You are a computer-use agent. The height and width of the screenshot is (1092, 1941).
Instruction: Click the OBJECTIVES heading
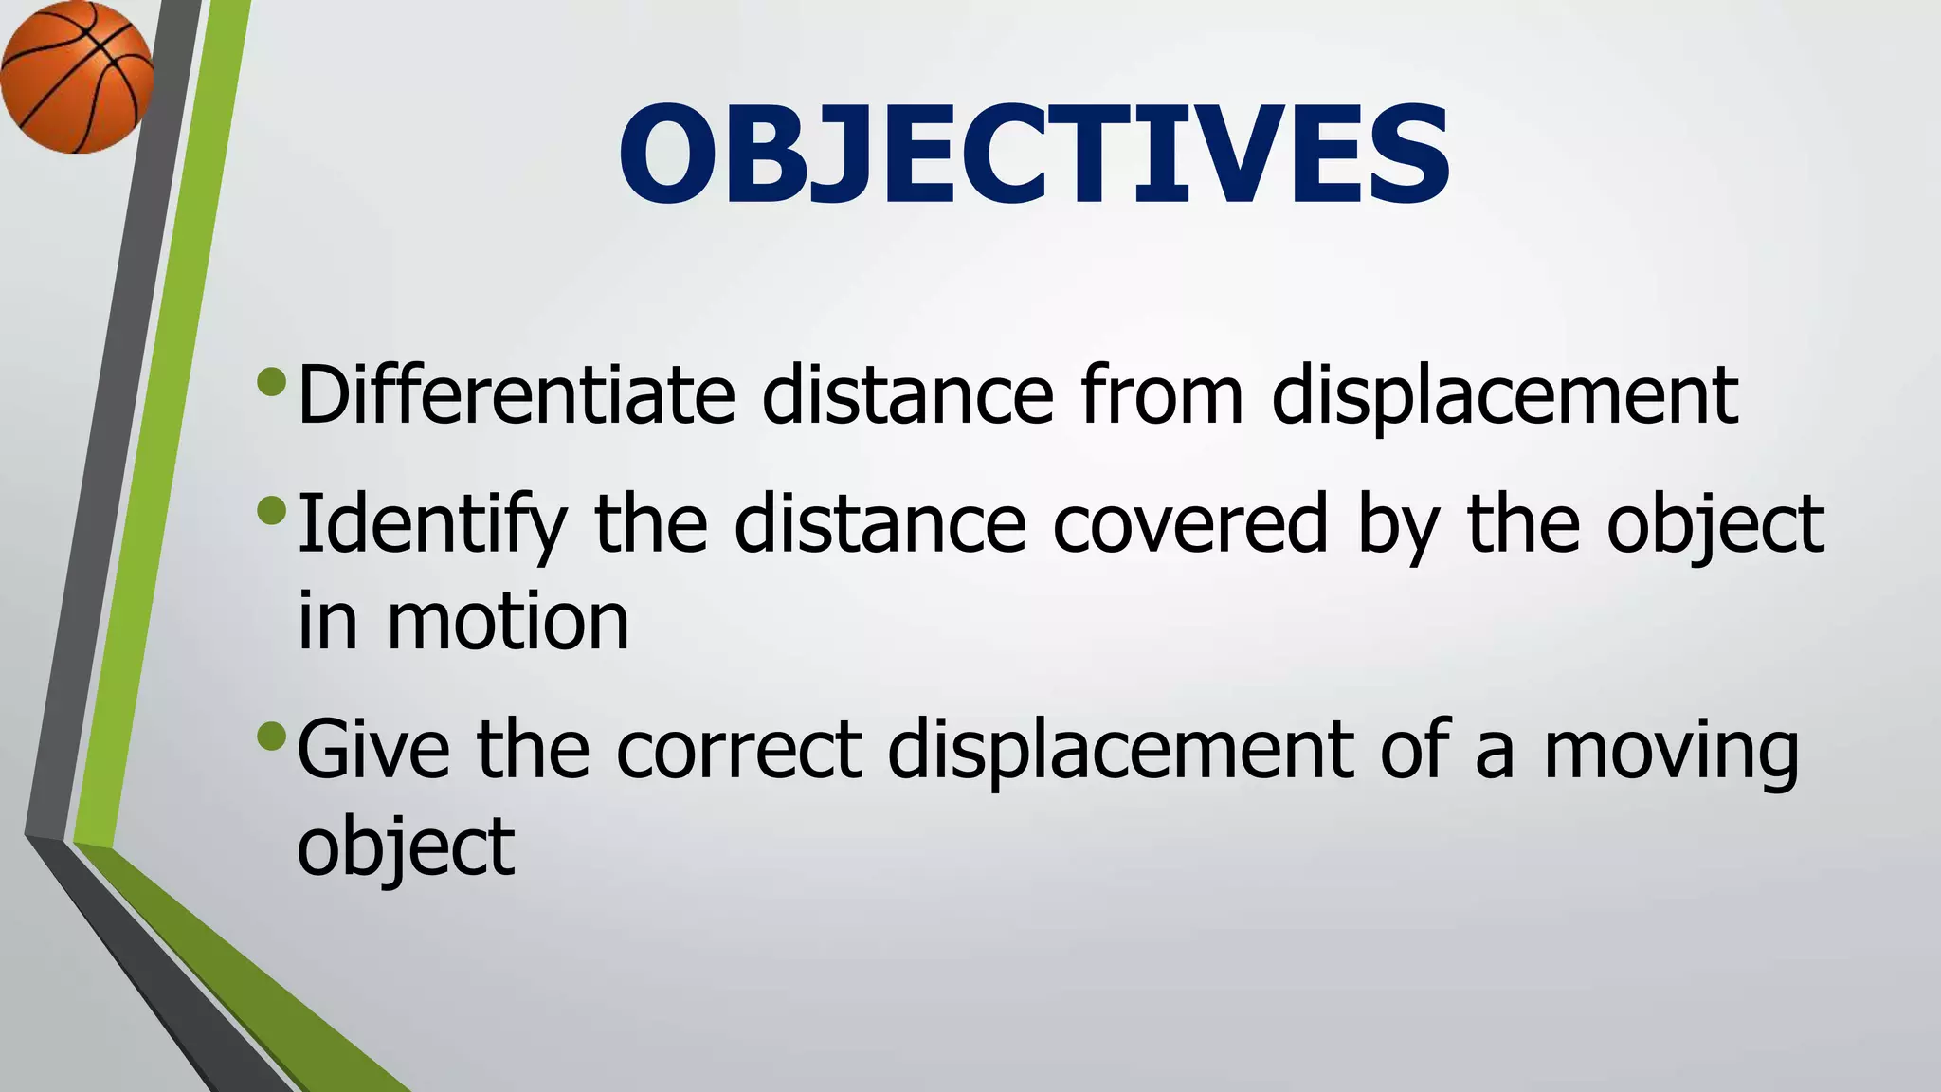click(1033, 154)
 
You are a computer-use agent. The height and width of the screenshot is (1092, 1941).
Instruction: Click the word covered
click(1189, 524)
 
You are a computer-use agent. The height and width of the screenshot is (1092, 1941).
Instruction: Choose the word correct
click(739, 749)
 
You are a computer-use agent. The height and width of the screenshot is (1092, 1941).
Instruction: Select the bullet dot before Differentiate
click(271, 382)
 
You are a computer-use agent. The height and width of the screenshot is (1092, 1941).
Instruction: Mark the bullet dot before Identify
click(271, 511)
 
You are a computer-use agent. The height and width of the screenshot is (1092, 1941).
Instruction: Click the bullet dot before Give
click(271, 736)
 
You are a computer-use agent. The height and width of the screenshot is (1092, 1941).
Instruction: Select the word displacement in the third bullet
click(1120, 749)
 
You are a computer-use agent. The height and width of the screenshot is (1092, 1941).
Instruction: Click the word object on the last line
click(406, 846)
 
